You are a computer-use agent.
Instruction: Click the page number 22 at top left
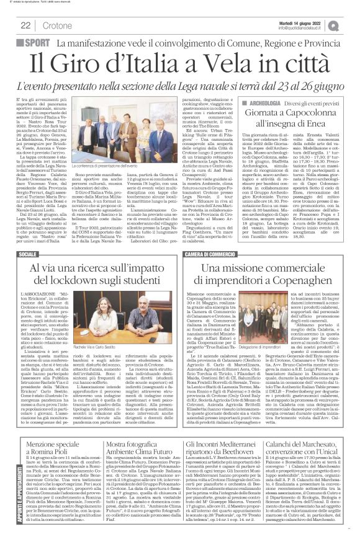[26, 25]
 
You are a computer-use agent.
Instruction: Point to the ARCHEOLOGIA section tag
[263, 102]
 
